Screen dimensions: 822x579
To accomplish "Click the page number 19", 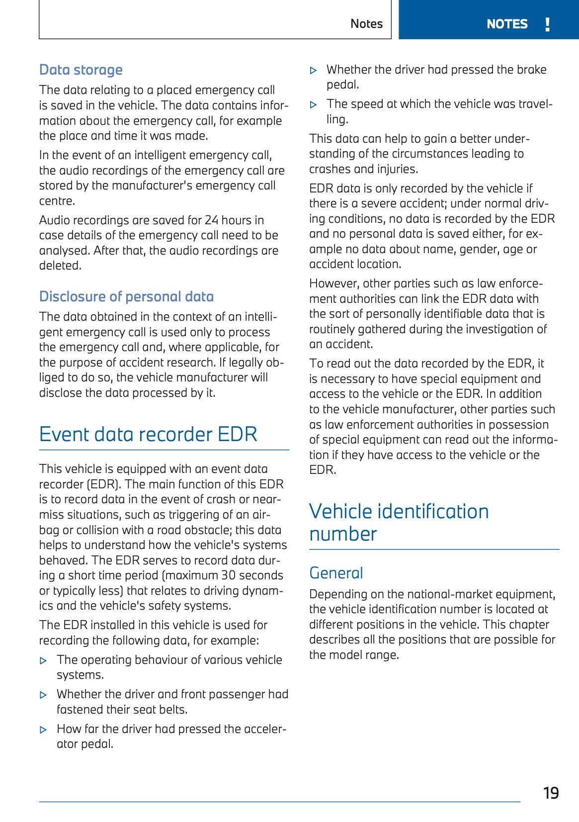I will click(x=551, y=793).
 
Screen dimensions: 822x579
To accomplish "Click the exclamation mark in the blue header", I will click(x=547, y=24).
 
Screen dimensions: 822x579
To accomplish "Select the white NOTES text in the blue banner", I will click(x=506, y=24).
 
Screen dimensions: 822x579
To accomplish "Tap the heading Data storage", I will click(x=81, y=70).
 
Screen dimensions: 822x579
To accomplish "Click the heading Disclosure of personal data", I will click(x=126, y=297).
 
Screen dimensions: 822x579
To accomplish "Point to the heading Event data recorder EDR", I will click(x=148, y=435).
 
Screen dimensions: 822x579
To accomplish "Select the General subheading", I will click(x=336, y=573).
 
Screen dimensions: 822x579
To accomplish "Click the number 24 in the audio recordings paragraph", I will click(x=211, y=220).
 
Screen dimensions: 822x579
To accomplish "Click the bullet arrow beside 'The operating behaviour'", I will click(x=44, y=661).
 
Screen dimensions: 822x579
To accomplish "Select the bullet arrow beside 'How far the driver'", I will click(x=44, y=730).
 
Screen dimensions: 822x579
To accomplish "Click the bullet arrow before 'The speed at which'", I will click(x=314, y=105).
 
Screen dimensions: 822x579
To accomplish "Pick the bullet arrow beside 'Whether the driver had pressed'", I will click(x=314, y=71).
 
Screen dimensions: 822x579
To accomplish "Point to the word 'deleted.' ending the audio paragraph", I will click(x=60, y=266).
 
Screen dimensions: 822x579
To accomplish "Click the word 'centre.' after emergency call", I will click(x=57, y=201).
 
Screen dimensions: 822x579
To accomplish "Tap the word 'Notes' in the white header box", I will click(x=366, y=24).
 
